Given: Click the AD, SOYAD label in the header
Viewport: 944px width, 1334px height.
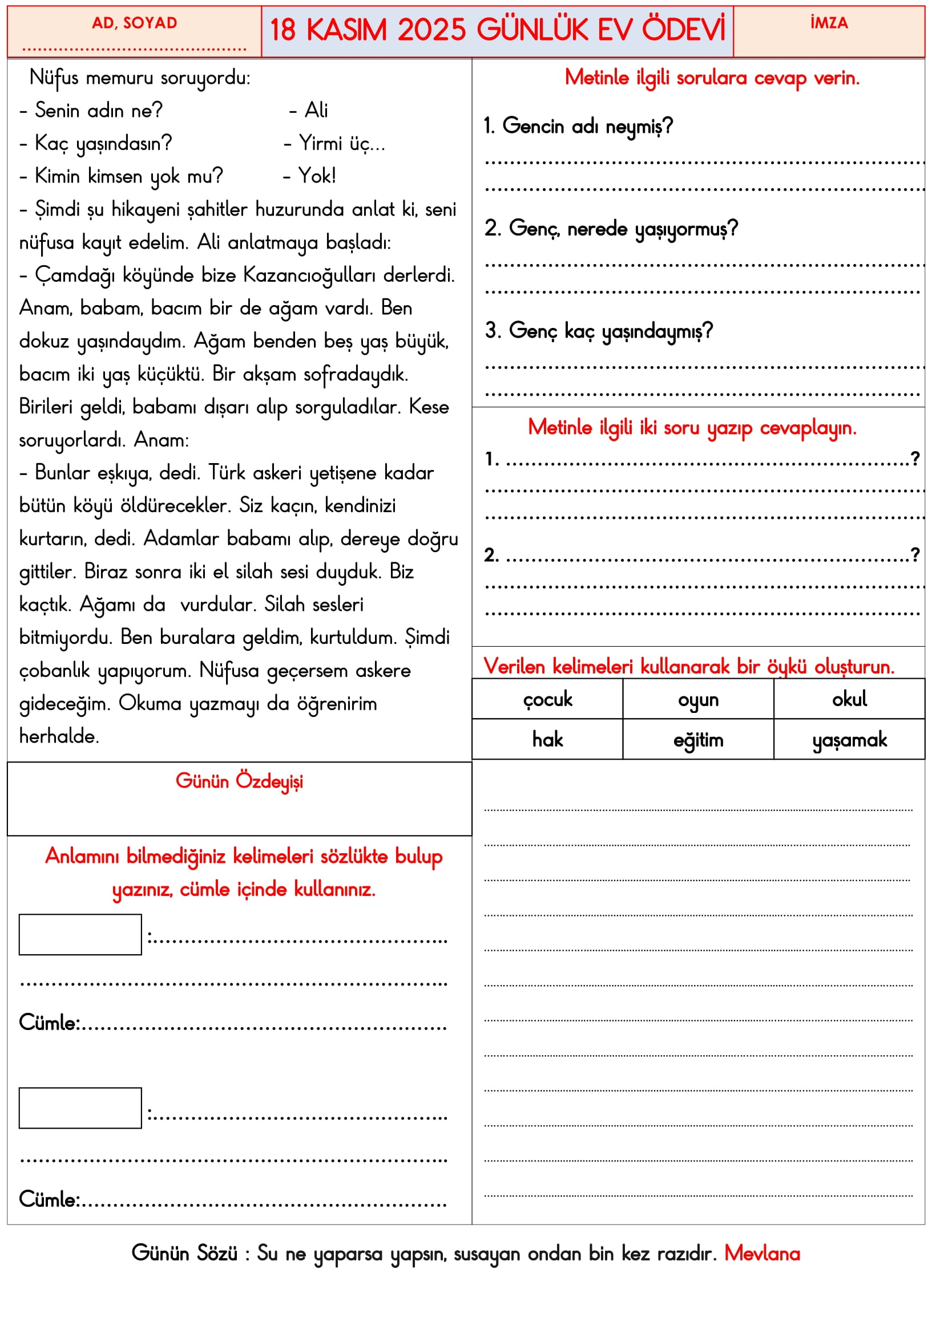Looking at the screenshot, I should pos(134,23).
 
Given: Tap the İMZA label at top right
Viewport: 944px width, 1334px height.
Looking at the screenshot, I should pos(829,23).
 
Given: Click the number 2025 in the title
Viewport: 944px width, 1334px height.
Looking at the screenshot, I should pos(431,30).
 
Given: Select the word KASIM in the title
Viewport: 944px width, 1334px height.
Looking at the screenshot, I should pos(346,30).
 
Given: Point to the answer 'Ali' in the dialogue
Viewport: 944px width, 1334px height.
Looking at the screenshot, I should pos(316,110).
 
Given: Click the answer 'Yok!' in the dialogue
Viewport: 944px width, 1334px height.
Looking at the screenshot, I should pos(317,176).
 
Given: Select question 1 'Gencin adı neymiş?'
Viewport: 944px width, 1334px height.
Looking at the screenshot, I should pos(578,126).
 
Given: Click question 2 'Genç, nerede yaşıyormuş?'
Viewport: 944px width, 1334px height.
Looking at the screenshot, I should pos(611,229).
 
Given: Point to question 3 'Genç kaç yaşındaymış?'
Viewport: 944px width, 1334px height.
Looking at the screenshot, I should pos(599,331).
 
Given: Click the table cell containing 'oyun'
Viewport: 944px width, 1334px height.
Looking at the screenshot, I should pos(698,700).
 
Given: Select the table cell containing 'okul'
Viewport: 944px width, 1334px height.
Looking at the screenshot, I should pos(849,700).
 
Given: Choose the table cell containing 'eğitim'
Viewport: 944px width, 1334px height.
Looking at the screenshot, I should pos(698,740).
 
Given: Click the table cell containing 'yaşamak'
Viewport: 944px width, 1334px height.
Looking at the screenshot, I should pos(849,740).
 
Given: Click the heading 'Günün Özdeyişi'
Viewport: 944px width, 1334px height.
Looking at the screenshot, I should pos(240,781).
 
